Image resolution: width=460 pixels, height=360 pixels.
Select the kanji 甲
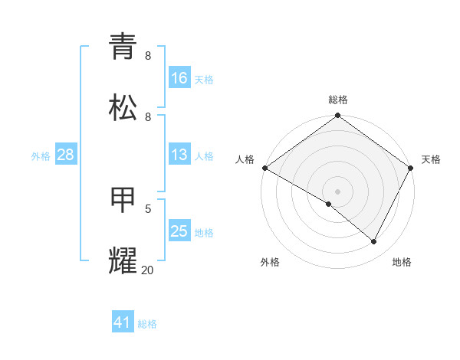123,199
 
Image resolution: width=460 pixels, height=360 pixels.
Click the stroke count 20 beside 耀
147,270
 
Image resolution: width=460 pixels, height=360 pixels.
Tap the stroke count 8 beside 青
148,56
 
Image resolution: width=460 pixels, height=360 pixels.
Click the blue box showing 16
179,78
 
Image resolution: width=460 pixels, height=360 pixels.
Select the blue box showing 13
179,155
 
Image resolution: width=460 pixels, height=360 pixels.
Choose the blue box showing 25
179,231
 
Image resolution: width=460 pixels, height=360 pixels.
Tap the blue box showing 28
66,155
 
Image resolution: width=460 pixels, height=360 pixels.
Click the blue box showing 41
123,322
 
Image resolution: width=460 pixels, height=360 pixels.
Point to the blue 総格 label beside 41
147,324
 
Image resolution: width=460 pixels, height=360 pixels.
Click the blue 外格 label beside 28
41,156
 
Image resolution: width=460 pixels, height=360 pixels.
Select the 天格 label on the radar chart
431,159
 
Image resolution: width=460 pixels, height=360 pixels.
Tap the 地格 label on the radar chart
402,262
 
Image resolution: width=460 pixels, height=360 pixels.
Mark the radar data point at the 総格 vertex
337,116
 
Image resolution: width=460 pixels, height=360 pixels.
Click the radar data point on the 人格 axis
264,168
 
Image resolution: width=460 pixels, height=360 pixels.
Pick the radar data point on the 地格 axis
374,241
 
